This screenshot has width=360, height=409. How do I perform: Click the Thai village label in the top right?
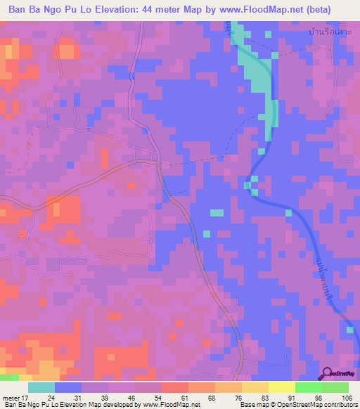pos(330,32)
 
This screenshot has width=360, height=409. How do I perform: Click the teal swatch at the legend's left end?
pos(41,387)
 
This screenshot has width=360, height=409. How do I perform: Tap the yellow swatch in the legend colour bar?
pos(282,387)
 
